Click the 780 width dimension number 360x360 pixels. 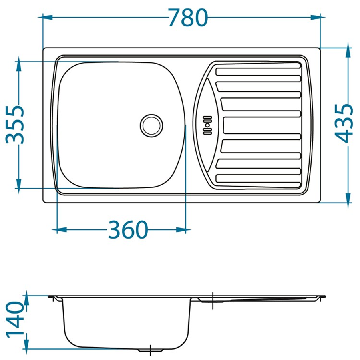[188, 18]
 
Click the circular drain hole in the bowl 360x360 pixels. [151, 125]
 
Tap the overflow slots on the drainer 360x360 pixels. [207, 125]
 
